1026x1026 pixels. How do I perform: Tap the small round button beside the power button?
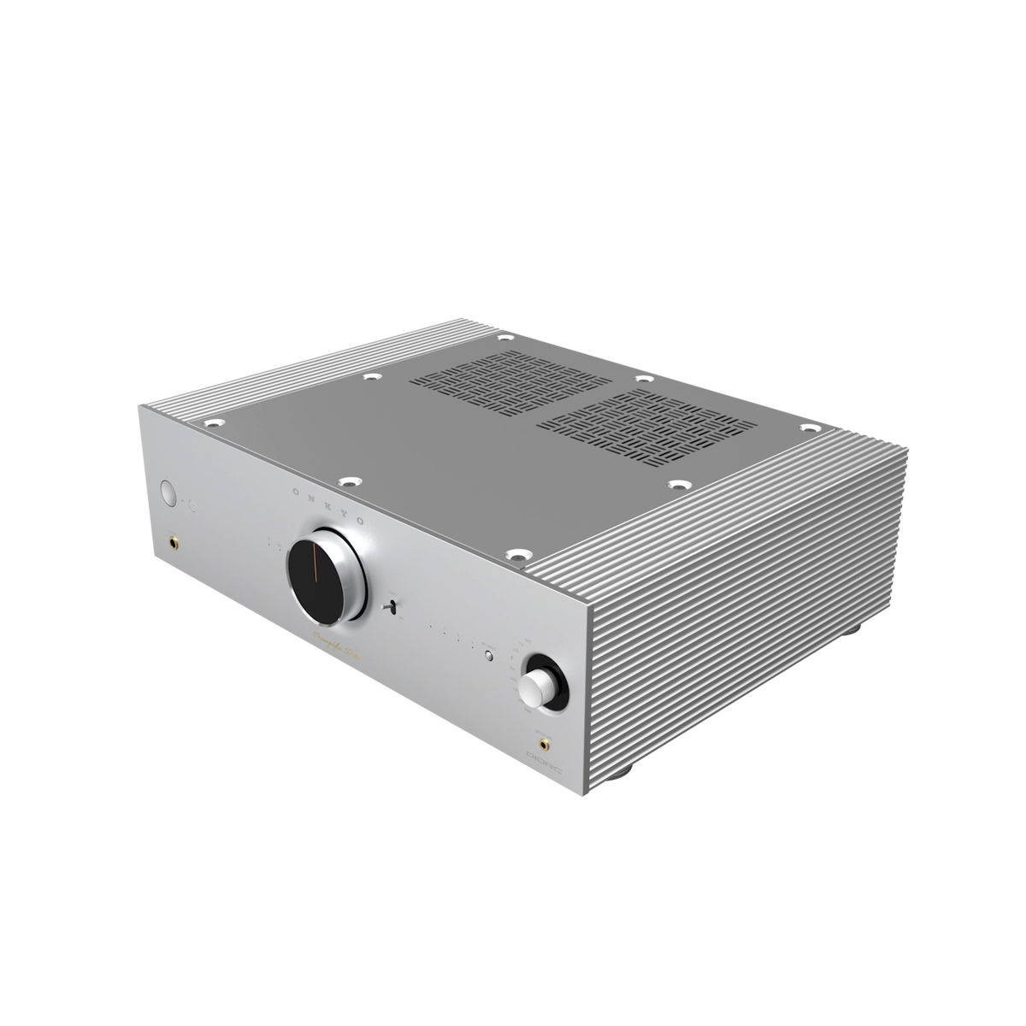coord(193,505)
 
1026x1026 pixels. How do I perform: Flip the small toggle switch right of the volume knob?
coord(392,607)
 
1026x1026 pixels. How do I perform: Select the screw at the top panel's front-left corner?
coord(209,422)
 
